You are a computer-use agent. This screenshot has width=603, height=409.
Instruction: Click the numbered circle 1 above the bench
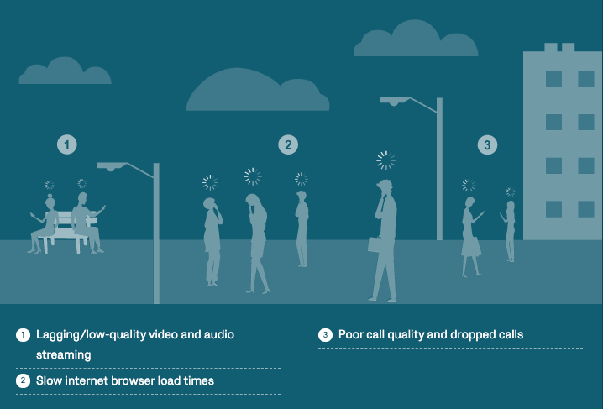(x=67, y=145)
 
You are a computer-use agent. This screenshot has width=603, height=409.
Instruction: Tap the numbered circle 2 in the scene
(x=288, y=145)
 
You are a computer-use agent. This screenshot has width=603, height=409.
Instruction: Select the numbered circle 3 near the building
(x=487, y=145)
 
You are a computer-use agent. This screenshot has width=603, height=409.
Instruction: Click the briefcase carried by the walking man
(x=375, y=245)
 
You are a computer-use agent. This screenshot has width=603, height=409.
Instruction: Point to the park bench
(x=67, y=231)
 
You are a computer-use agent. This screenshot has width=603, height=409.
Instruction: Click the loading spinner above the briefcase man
(x=385, y=160)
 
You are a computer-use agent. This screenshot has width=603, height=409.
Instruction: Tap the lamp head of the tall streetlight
(x=396, y=101)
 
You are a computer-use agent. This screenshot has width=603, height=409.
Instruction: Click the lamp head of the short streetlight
(x=112, y=166)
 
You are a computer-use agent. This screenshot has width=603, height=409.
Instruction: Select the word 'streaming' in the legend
(x=64, y=354)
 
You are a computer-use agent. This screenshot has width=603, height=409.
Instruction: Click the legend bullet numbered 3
(x=325, y=335)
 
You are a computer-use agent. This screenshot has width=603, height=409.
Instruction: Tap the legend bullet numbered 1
(x=23, y=335)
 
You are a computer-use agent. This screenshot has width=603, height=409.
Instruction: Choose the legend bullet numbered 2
(x=23, y=380)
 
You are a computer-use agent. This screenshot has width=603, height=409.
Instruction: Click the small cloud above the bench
(x=65, y=71)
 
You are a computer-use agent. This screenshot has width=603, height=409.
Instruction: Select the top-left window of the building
(x=553, y=78)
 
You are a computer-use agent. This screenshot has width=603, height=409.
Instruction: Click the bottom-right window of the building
(x=586, y=209)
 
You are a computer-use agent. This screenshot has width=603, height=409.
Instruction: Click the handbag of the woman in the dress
(x=476, y=247)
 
